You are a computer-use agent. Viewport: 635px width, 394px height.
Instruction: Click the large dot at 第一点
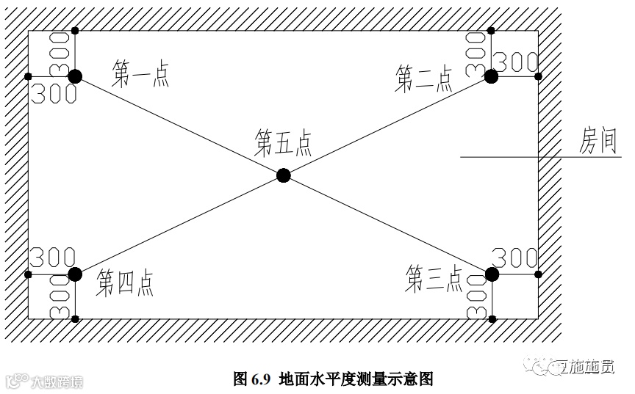coord(74,76)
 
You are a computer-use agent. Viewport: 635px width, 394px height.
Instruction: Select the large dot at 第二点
coord(491,76)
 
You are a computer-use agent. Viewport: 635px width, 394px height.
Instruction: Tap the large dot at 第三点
coord(492,274)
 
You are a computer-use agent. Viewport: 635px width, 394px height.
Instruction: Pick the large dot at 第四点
coord(74,274)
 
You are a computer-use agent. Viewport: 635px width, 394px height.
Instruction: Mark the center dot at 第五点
coord(283,175)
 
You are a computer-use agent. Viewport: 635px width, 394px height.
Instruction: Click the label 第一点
coord(141,74)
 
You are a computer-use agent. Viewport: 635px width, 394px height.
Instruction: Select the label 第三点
coord(434,278)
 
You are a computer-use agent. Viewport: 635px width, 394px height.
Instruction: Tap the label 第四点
coord(126,282)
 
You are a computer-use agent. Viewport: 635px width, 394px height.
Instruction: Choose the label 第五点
coord(283,143)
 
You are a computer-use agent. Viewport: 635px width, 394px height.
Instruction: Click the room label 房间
coord(597,142)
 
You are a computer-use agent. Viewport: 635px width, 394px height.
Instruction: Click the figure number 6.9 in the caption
coord(262,379)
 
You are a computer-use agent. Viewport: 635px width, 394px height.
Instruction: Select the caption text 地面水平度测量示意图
coord(356,379)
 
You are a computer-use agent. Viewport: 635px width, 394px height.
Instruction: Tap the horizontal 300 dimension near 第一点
coord(53,92)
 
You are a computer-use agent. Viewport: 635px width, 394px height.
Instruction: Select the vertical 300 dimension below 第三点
coord(478,297)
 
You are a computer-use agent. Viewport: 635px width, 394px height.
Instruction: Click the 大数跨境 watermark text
coord(56,382)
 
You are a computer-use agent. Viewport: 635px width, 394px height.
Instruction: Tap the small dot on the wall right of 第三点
coord(538,274)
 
